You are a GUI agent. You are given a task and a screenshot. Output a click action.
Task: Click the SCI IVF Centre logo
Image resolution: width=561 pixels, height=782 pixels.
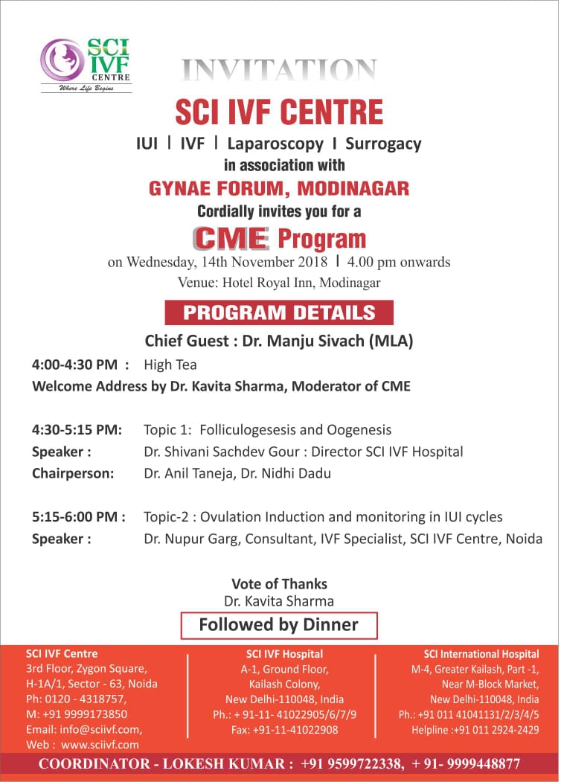point(86,64)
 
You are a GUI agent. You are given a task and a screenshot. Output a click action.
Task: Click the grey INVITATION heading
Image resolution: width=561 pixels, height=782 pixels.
point(279,71)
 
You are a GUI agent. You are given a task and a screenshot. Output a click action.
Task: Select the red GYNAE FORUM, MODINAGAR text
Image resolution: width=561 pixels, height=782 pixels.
point(279,188)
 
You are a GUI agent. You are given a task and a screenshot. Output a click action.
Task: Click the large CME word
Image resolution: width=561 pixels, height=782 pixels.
point(231,238)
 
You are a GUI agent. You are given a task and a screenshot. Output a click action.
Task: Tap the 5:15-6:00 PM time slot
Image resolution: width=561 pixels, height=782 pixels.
point(78,517)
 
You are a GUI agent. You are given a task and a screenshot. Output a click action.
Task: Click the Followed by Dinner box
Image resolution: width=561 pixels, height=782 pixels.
point(279,625)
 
